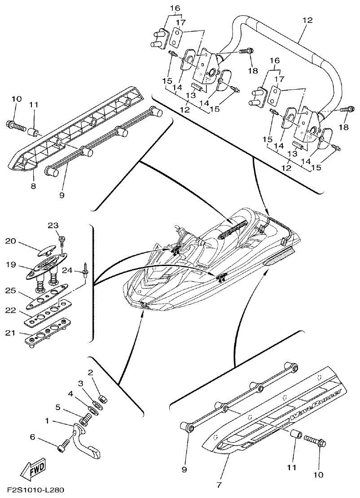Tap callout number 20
point(10,241)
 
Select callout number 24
point(68,270)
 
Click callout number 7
point(219,485)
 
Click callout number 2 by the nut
point(90,372)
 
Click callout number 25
point(10,291)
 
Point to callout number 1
point(48,421)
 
